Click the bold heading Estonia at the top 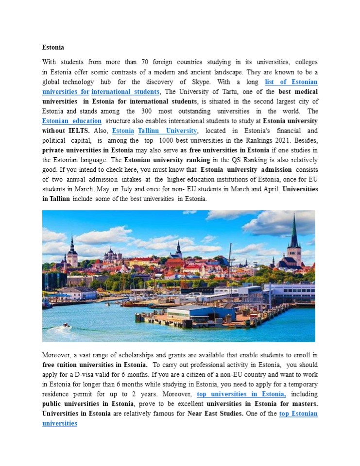[53, 48]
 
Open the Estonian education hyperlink [72, 121]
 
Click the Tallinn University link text [168, 131]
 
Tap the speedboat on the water [66, 325]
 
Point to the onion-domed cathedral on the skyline [113, 253]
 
